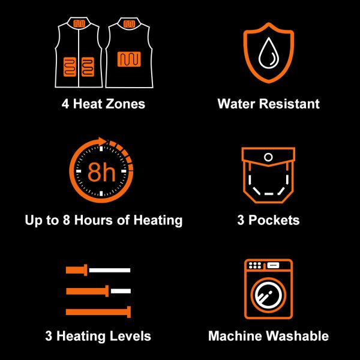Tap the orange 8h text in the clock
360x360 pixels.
(101, 172)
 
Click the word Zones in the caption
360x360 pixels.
(125, 104)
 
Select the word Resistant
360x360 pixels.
(289, 104)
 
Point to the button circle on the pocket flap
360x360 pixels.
(268, 157)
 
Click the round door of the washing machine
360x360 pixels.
(268, 295)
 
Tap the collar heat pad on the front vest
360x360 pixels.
(79, 23)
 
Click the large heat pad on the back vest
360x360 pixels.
(129, 59)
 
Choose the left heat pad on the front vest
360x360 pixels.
(70, 67)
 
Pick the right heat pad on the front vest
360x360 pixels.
(88, 67)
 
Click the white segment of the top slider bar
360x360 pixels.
(110, 270)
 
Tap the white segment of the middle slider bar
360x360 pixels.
(121, 291)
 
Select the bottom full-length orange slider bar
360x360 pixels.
(98, 312)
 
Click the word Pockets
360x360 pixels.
(274, 220)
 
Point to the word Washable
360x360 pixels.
(298, 336)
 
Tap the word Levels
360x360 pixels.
(130, 336)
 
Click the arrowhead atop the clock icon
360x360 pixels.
(102, 141)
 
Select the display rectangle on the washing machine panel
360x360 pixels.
(273, 265)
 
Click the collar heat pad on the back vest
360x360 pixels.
(129, 24)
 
